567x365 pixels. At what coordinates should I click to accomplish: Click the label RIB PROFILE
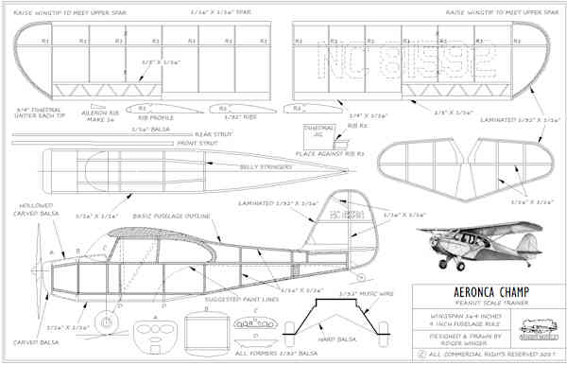[156, 118]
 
